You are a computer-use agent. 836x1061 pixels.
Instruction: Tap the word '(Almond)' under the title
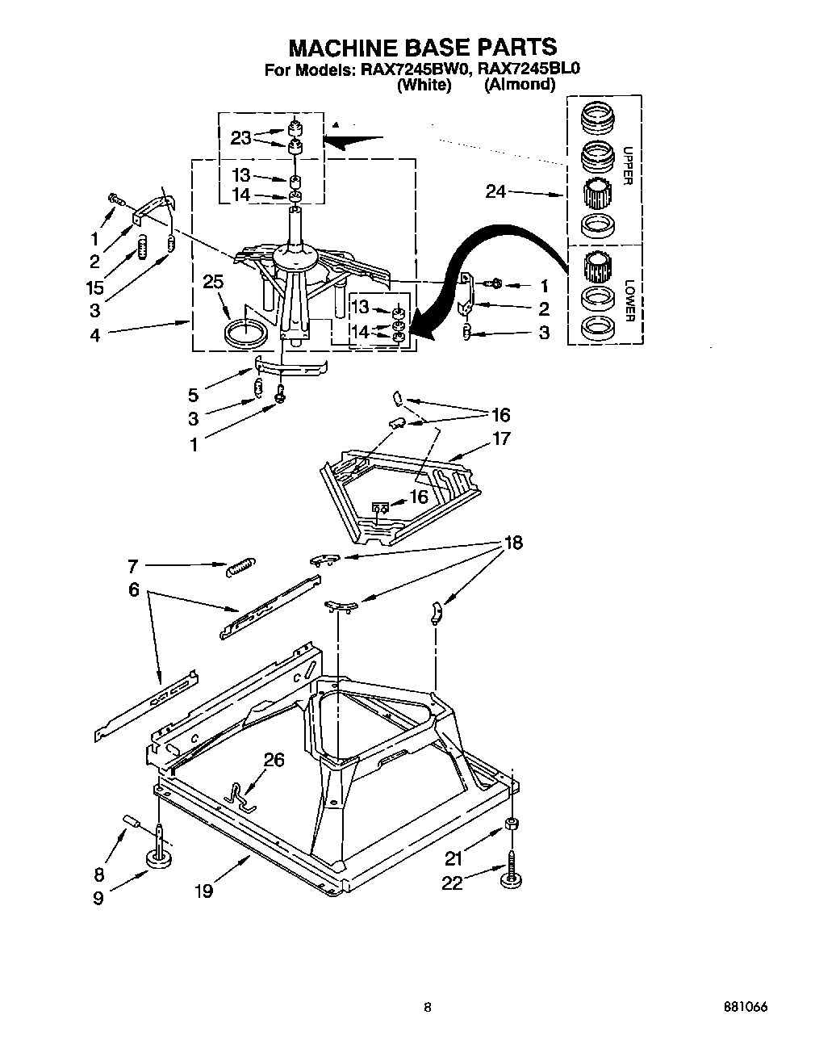point(519,85)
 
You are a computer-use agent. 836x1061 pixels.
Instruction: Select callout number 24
point(497,192)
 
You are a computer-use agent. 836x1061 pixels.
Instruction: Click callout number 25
point(213,283)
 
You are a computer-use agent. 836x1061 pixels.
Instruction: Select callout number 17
point(501,438)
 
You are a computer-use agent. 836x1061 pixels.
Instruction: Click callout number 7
point(133,566)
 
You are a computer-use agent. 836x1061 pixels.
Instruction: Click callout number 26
point(274,760)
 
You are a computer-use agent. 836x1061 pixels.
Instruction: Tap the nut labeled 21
point(511,824)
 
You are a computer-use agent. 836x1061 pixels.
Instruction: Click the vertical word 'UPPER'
point(625,166)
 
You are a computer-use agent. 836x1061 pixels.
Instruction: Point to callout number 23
point(240,138)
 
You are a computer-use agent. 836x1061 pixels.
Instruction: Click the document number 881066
point(743,1008)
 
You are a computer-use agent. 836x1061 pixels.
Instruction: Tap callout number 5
point(193,395)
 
